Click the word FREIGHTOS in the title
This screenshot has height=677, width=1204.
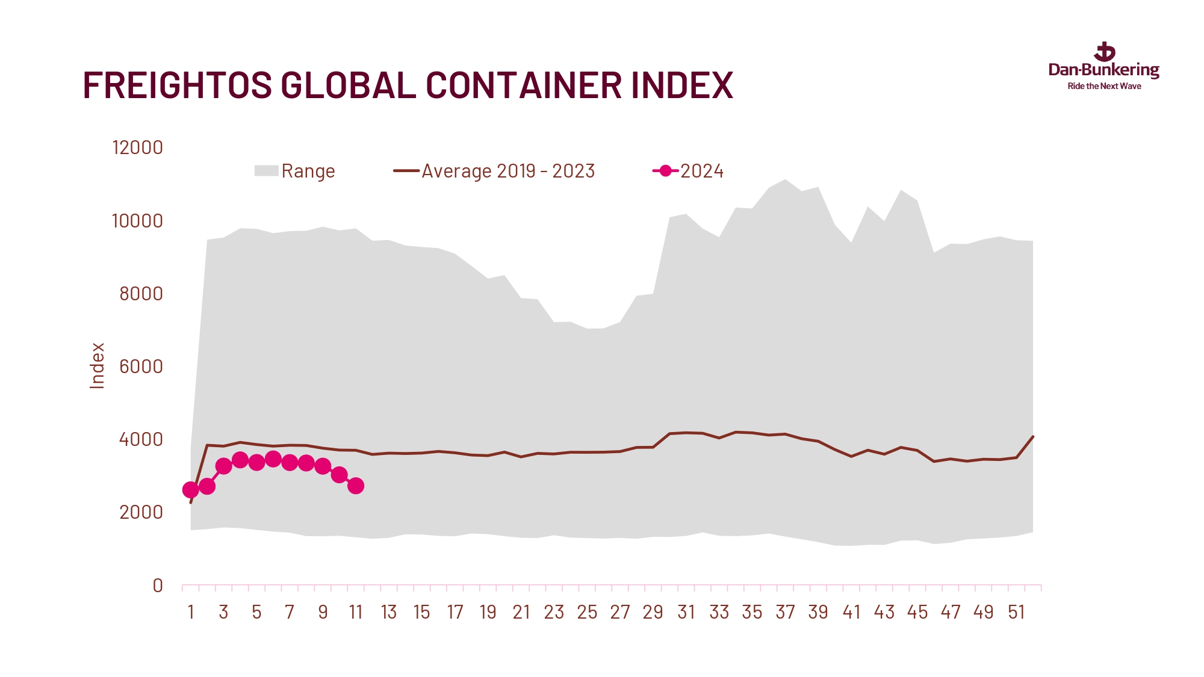tap(177, 85)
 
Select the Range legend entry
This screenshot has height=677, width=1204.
tap(294, 172)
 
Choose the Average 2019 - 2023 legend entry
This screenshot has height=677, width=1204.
tap(494, 172)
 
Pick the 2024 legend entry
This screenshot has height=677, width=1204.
tap(689, 172)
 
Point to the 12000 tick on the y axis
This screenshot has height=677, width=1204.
tap(137, 148)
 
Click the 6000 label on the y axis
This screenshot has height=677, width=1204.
tap(141, 366)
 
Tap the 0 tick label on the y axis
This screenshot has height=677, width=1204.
tap(158, 586)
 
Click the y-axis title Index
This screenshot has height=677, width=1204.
tap(97, 365)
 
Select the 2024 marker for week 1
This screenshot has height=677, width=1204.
tap(190, 490)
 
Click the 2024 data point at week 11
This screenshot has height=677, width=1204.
tap(356, 486)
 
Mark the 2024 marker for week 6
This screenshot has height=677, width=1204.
tap(273, 459)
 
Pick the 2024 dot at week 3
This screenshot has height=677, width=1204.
tap(223, 466)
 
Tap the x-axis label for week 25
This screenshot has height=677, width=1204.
tap(587, 613)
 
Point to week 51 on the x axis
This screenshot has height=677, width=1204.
tap(1016, 613)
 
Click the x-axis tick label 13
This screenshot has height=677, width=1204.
tap(389, 613)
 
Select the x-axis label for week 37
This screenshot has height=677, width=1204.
tap(785, 613)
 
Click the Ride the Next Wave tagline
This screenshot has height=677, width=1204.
tap(1104, 87)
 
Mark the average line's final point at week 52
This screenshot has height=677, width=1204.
tap(1033, 436)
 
